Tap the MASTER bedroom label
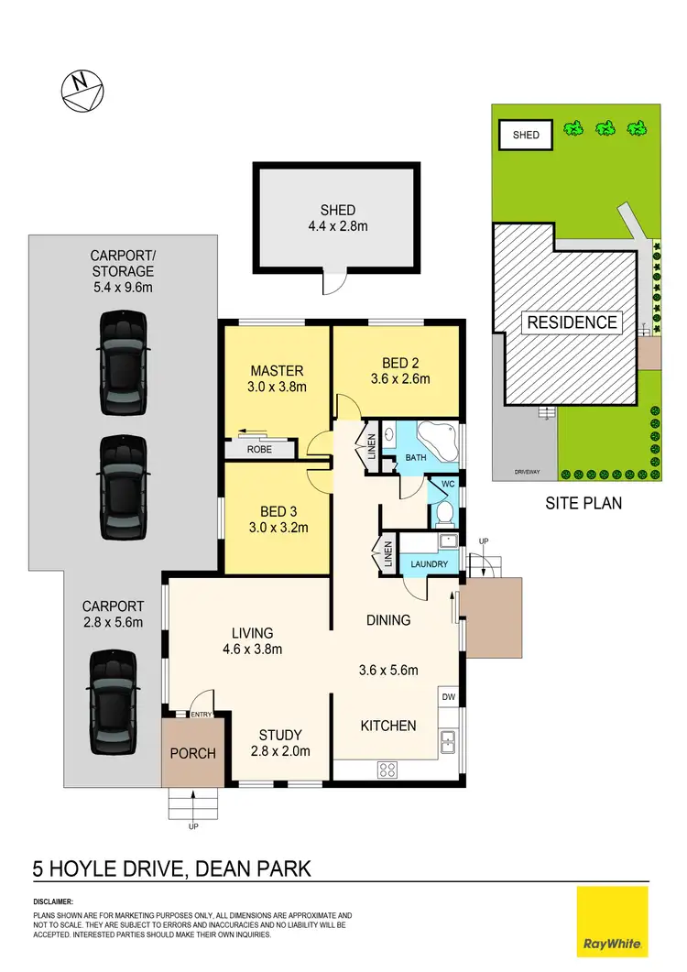tap(277, 371)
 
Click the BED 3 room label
tap(277, 512)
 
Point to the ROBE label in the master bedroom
tap(261, 451)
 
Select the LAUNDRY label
tap(428, 564)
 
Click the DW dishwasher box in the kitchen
tap(448, 697)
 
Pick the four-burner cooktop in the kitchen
tap(387, 770)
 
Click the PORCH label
tap(193, 754)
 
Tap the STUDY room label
tap(279, 735)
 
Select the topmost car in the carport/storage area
tap(123, 353)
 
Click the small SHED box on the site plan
tap(526, 136)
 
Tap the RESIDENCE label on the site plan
tap(571, 322)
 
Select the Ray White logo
tap(612, 922)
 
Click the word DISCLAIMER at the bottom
tap(53, 902)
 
